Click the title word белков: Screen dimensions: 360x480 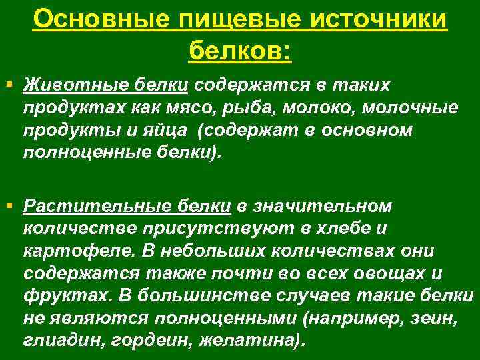tap(240, 49)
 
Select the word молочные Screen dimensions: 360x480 tap(414, 108)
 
